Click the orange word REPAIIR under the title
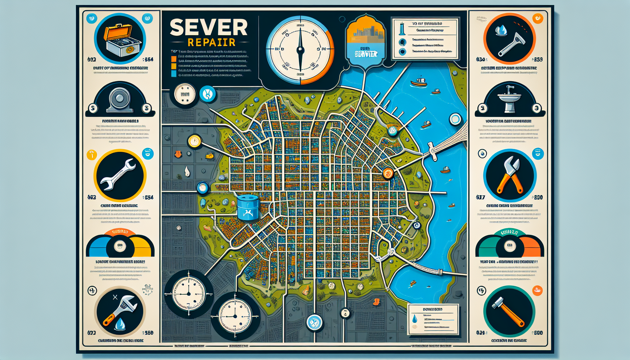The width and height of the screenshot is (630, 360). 211,43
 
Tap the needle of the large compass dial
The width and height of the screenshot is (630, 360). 300,49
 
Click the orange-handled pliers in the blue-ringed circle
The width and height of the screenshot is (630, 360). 510,175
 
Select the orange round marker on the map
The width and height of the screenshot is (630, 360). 388,173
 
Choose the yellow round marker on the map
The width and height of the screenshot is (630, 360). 194,141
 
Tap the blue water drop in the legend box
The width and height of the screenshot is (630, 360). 415,319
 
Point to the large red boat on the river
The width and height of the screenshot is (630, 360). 419,82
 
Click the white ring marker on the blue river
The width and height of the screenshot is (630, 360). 455,120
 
